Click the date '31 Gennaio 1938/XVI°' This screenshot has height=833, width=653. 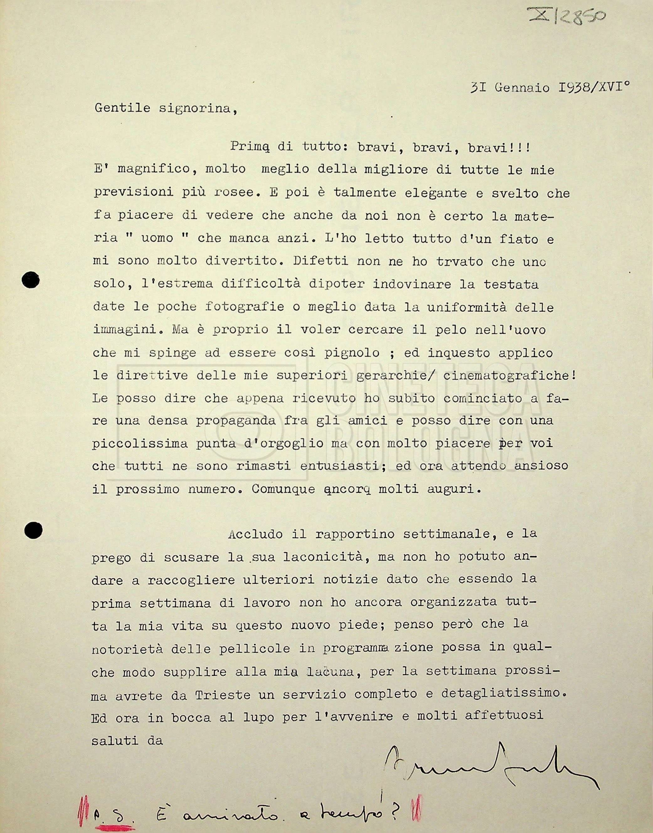tap(550, 88)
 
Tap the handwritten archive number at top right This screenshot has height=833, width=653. tap(568, 16)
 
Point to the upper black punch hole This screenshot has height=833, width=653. tap(30, 280)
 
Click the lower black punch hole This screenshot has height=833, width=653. tap(33, 530)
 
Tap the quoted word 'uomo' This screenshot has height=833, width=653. tap(157, 238)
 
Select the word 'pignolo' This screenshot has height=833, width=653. tap(352, 352)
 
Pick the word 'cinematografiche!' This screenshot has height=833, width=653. tap(510, 375)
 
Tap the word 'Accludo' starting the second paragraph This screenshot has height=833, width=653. tap(256, 534)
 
